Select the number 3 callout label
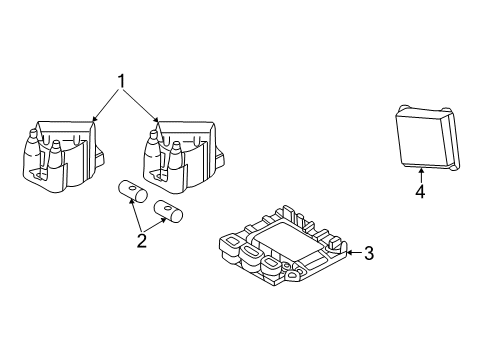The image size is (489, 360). pos(368,253)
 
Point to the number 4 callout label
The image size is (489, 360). pos(420,191)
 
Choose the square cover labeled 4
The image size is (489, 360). pos(419,139)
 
